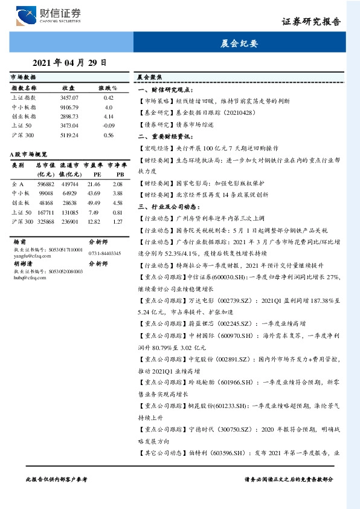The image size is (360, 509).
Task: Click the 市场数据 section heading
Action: point(24,78)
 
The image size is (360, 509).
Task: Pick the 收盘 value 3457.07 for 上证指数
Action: point(70,97)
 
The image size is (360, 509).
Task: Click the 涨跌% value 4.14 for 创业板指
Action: point(109,115)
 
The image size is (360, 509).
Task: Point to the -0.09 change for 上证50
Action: point(109,125)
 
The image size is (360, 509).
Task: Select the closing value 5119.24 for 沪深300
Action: point(70,135)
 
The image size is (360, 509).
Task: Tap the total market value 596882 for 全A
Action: point(46,183)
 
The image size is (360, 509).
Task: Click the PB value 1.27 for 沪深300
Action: point(117,222)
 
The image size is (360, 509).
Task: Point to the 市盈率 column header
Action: point(92,164)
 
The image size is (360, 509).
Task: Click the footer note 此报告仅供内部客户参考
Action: point(57,478)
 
